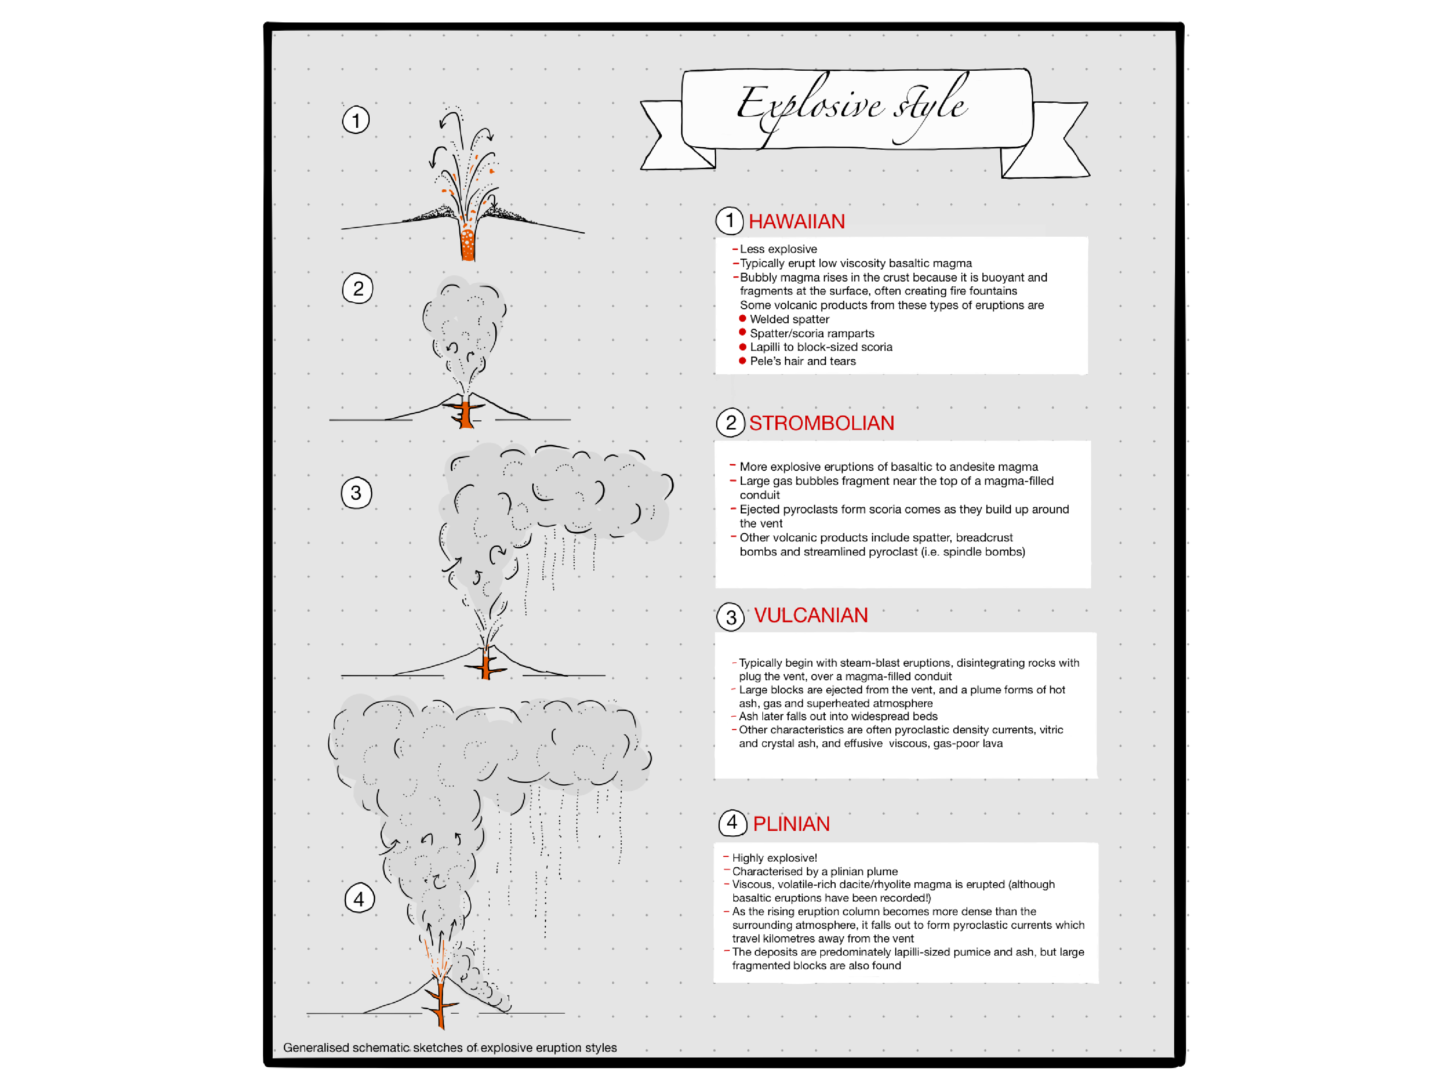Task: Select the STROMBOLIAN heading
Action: (x=821, y=423)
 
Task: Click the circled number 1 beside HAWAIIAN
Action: (x=729, y=221)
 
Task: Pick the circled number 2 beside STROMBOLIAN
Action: (x=730, y=422)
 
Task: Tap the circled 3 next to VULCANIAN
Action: (x=730, y=617)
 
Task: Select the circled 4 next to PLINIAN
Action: (x=732, y=823)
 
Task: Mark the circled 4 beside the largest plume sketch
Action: (x=359, y=899)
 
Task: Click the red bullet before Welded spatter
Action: (x=742, y=319)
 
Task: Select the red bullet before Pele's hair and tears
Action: (x=742, y=361)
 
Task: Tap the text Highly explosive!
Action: (x=775, y=858)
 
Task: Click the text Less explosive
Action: (x=779, y=249)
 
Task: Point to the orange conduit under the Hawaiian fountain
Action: (x=468, y=245)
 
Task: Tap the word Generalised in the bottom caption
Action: (x=316, y=1047)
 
